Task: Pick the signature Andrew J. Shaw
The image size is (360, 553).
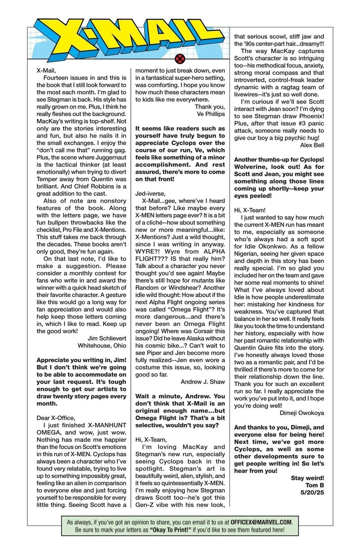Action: click(203, 382)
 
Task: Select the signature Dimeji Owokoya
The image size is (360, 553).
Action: click(302, 413)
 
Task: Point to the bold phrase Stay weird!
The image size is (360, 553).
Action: click(307, 478)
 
